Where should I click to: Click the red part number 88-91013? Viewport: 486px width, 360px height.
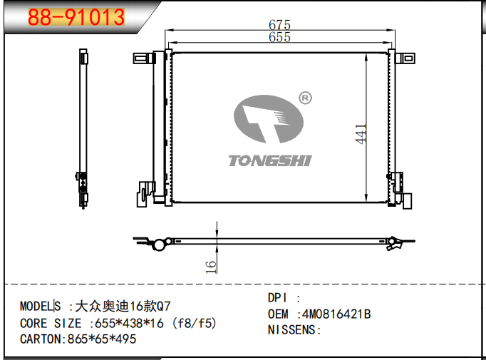(x=76, y=17)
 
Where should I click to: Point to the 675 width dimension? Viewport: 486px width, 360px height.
(x=279, y=24)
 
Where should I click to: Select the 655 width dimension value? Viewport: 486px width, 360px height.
(x=279, y=37)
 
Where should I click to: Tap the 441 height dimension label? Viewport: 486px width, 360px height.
(x=361, y=134)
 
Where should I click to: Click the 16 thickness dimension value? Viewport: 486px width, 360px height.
(x=210, y=267)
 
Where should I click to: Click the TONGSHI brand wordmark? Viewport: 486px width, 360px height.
(x=270, y=161)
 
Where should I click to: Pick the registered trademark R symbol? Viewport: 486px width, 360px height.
(x=305, y=98)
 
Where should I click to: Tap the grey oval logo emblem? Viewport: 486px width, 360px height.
(x=269, y=119)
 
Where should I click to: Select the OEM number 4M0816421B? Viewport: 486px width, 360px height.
(x=336, y=314)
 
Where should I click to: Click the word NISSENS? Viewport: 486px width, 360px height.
(x=291, y=329)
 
